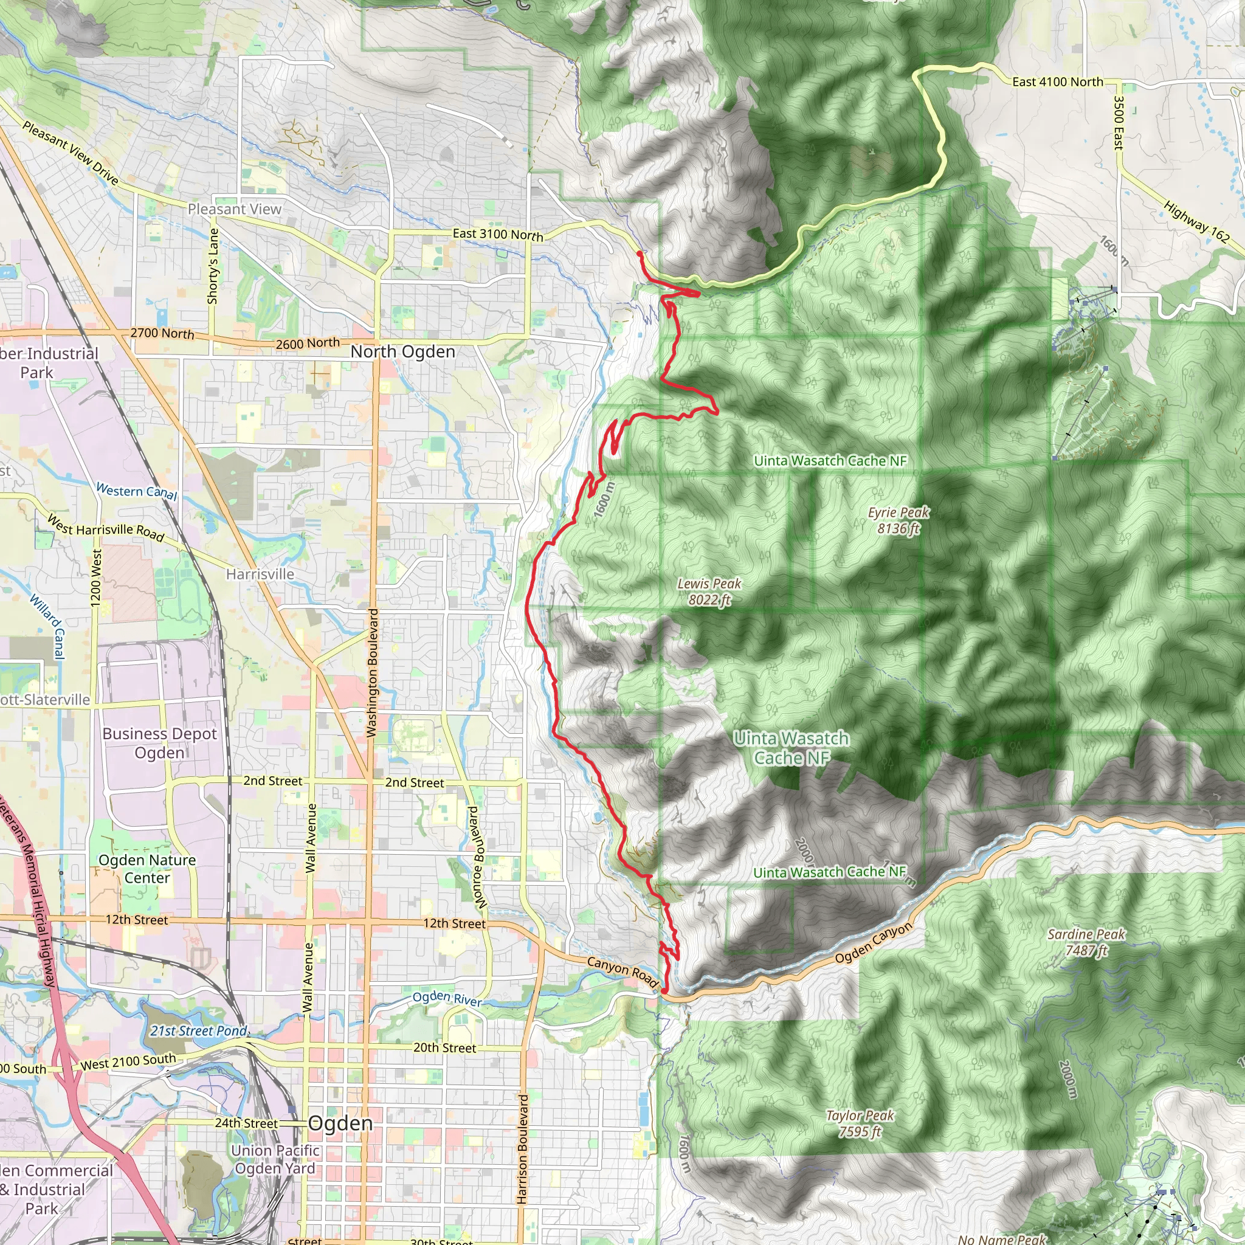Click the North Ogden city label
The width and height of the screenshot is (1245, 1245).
pyautogui.click(x=403, y=352)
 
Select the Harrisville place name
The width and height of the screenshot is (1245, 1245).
pyautogui.click(x=260, y=574)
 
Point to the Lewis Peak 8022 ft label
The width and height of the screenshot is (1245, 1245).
pyautogui.click(x=709, y=591)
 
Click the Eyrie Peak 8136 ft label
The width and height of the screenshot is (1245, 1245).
pyautogui.click(x=898, y=520)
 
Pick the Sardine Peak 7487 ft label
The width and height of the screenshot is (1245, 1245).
pyautogui.click(x=1086, y=942)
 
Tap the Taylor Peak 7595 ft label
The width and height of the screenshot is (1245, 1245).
pyautogui.click(x=860, y=1123)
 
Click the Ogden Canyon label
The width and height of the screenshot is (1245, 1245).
pyautogui.click(x=874, y=943)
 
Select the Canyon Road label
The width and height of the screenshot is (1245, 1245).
pyautogui.click(x=622, y=973)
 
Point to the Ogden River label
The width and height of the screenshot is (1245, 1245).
pyautogui.click(x=447, y=999)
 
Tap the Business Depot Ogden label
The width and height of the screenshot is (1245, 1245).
pyautogui.click(x=159, y=743)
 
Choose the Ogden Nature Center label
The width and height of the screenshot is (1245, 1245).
pyautogui.click(x=147, y=869)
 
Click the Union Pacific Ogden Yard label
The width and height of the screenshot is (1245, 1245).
pyautogui.click(x=275, y=1159)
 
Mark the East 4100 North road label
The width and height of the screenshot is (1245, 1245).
pyautogui.click(x=1058, y=82)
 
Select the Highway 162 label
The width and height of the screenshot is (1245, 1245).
pyautogui.click(x=1196, y=222)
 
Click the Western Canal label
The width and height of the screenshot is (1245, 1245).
pyautogui.click(x=136, y=491)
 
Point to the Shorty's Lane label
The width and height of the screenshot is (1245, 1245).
pyautogui.click(x=213, y=266)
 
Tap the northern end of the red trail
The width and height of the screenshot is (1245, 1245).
pyautogui.click(x=639, y=253)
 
